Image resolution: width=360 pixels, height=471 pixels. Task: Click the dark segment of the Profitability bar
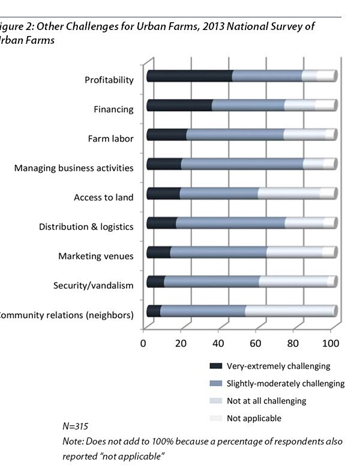[189, 76]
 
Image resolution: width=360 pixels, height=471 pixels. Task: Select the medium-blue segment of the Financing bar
[248, 105]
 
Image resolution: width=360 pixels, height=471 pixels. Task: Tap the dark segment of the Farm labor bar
[166, 134]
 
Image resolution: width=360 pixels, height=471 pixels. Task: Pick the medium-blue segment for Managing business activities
[242, 164]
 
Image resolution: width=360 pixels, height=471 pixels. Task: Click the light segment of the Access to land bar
[289, 193]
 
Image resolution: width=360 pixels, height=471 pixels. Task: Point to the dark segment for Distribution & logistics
[161, 223]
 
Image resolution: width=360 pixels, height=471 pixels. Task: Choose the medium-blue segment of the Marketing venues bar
[218, 252]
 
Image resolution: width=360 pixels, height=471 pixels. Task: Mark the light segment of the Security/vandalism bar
[297, 281]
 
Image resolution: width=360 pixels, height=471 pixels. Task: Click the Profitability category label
[109, 80]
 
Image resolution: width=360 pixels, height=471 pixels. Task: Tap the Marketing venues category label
[95, 256]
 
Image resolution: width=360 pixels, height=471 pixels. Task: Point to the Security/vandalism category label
[93, 286]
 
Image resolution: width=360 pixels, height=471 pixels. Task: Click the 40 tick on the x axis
[218, 343]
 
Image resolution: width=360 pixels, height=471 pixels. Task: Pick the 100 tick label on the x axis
[331, 343]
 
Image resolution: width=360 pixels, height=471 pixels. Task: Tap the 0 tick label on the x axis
[143, 343]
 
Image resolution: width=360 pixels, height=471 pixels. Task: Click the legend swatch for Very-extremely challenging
[215, 365]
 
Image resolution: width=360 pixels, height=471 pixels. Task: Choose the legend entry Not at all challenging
[266, 400]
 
